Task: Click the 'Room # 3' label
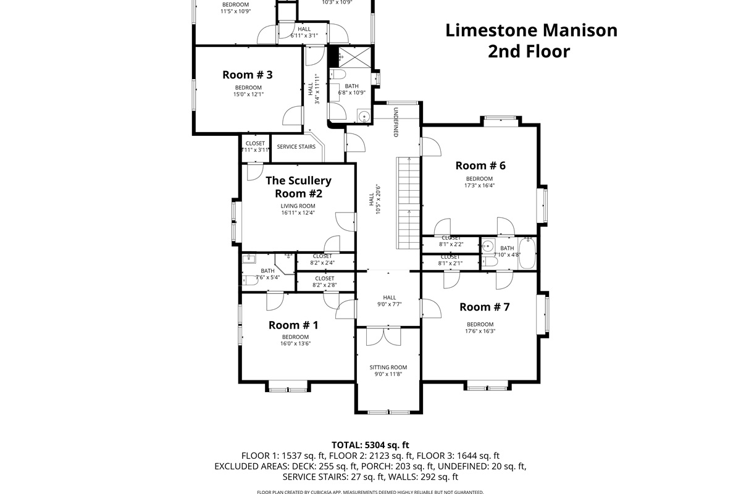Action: coord(247,75)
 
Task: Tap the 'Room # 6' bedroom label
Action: coord(480,165)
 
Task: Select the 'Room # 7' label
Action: coord(484,307)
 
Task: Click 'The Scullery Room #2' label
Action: coord(298,186)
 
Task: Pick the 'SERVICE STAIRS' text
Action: coord(296,147)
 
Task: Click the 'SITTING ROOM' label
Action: coord(388,367)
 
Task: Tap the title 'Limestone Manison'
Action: coord(531,30)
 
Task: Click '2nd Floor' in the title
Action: coord(529,51)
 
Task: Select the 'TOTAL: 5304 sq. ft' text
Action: coord(370,445)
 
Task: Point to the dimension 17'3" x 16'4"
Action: coord(480,185)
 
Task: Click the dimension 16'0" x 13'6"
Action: coord(295,344)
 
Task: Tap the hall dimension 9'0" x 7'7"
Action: coord(389,304)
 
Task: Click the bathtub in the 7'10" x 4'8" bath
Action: coord(527,254)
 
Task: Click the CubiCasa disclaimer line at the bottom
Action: coord(370,492)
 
